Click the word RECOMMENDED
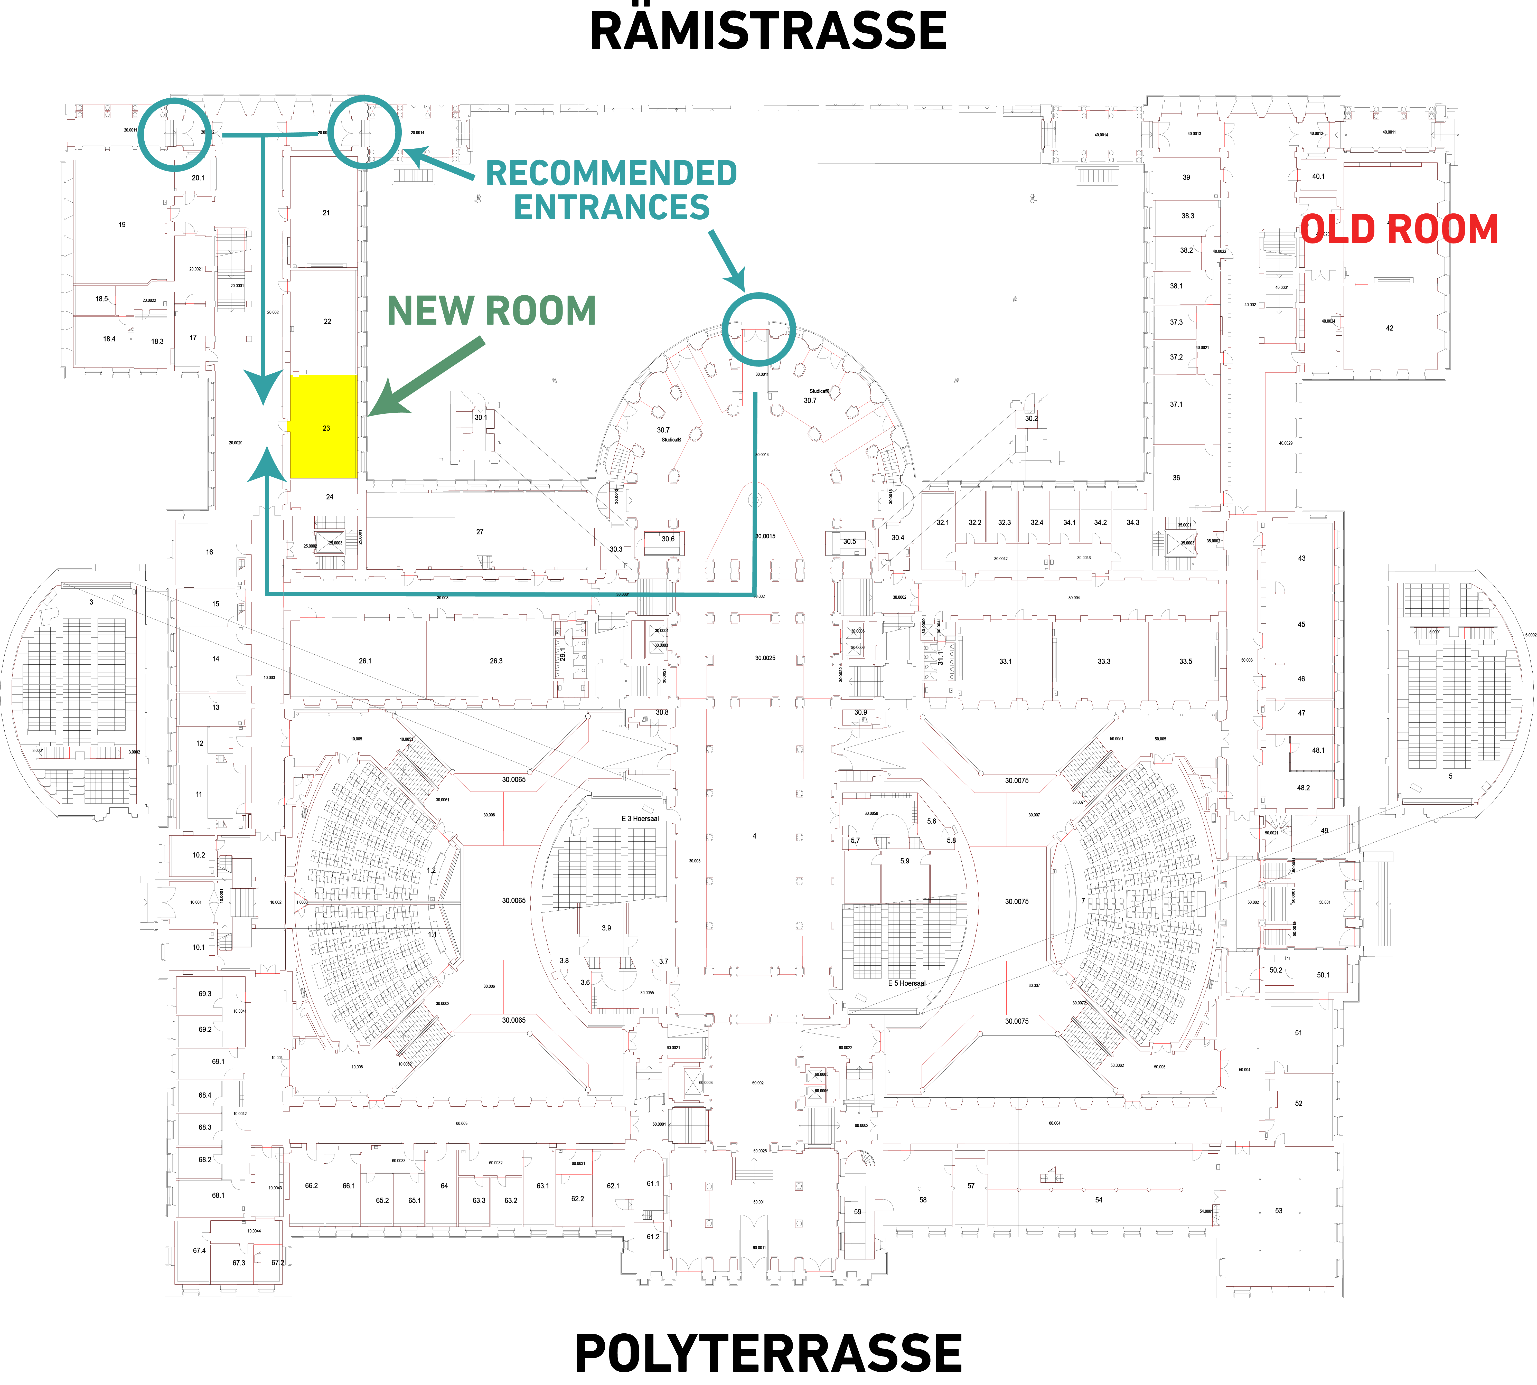click(611, 174)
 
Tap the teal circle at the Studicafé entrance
click(758, 329)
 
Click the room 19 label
click(122, 224)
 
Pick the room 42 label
click(1389, 328)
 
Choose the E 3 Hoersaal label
click(640, 819)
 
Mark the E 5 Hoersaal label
click(906, 983)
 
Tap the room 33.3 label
click(1103, 661)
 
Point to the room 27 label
click(479, 531)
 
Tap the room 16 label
click(209, 552)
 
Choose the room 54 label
click(1098, 1200)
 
